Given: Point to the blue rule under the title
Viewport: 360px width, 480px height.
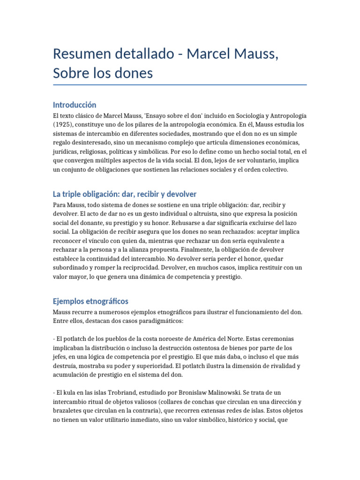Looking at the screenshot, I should (180, 85).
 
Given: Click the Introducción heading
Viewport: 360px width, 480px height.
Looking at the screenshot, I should (75, 105).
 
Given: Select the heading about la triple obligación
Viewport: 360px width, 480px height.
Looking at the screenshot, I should (125, 194).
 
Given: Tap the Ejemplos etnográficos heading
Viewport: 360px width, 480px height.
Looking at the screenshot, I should (90, 300).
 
